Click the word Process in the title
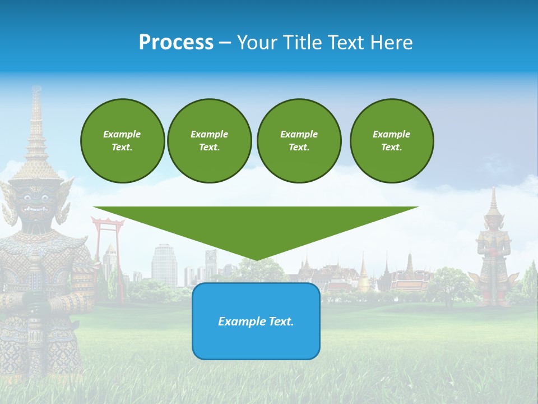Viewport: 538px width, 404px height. point(176,43)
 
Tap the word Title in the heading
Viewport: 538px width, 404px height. point(301,43)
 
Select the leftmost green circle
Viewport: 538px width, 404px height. point(122,141)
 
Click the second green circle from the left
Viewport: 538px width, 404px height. point(209,141)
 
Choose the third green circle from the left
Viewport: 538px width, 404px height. point(299,141)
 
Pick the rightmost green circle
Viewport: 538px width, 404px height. point(391,141)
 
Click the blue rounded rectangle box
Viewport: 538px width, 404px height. point(256,321)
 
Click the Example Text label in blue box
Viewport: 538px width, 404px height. point(256,322)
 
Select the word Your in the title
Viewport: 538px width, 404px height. point(257,43)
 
